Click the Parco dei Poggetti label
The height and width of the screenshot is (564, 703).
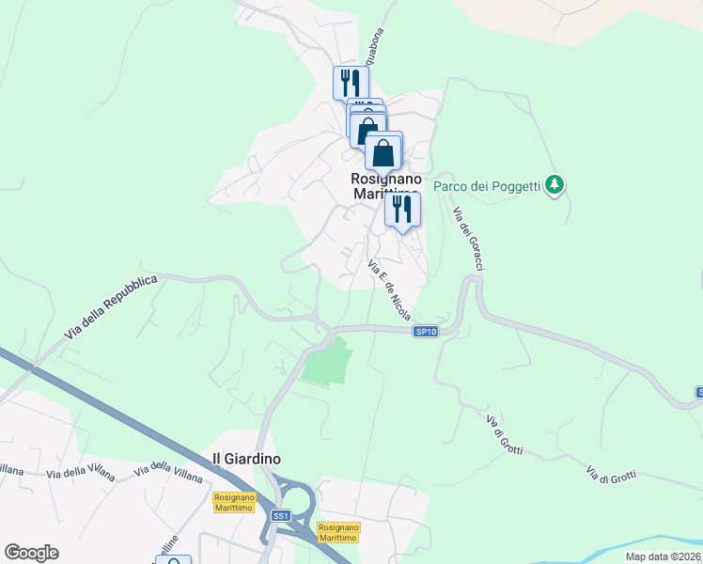click(487, 186)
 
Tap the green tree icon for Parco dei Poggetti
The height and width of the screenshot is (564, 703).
click(555, 184)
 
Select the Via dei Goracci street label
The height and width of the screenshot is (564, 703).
click(467, 239)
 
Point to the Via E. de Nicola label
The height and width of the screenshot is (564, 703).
click(390, 289)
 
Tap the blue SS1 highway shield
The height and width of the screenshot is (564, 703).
click(280, 516)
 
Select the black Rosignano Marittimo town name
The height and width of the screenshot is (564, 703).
click(385, 186)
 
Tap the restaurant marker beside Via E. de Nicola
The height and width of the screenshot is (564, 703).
click(402, 210)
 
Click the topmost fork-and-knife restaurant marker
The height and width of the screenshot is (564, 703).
click(351, 83)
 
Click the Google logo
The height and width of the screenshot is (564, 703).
click(31, 553)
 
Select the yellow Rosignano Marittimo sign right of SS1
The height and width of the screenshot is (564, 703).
click(338, 532)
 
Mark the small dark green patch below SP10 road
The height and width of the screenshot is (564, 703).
click(326, 364)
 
